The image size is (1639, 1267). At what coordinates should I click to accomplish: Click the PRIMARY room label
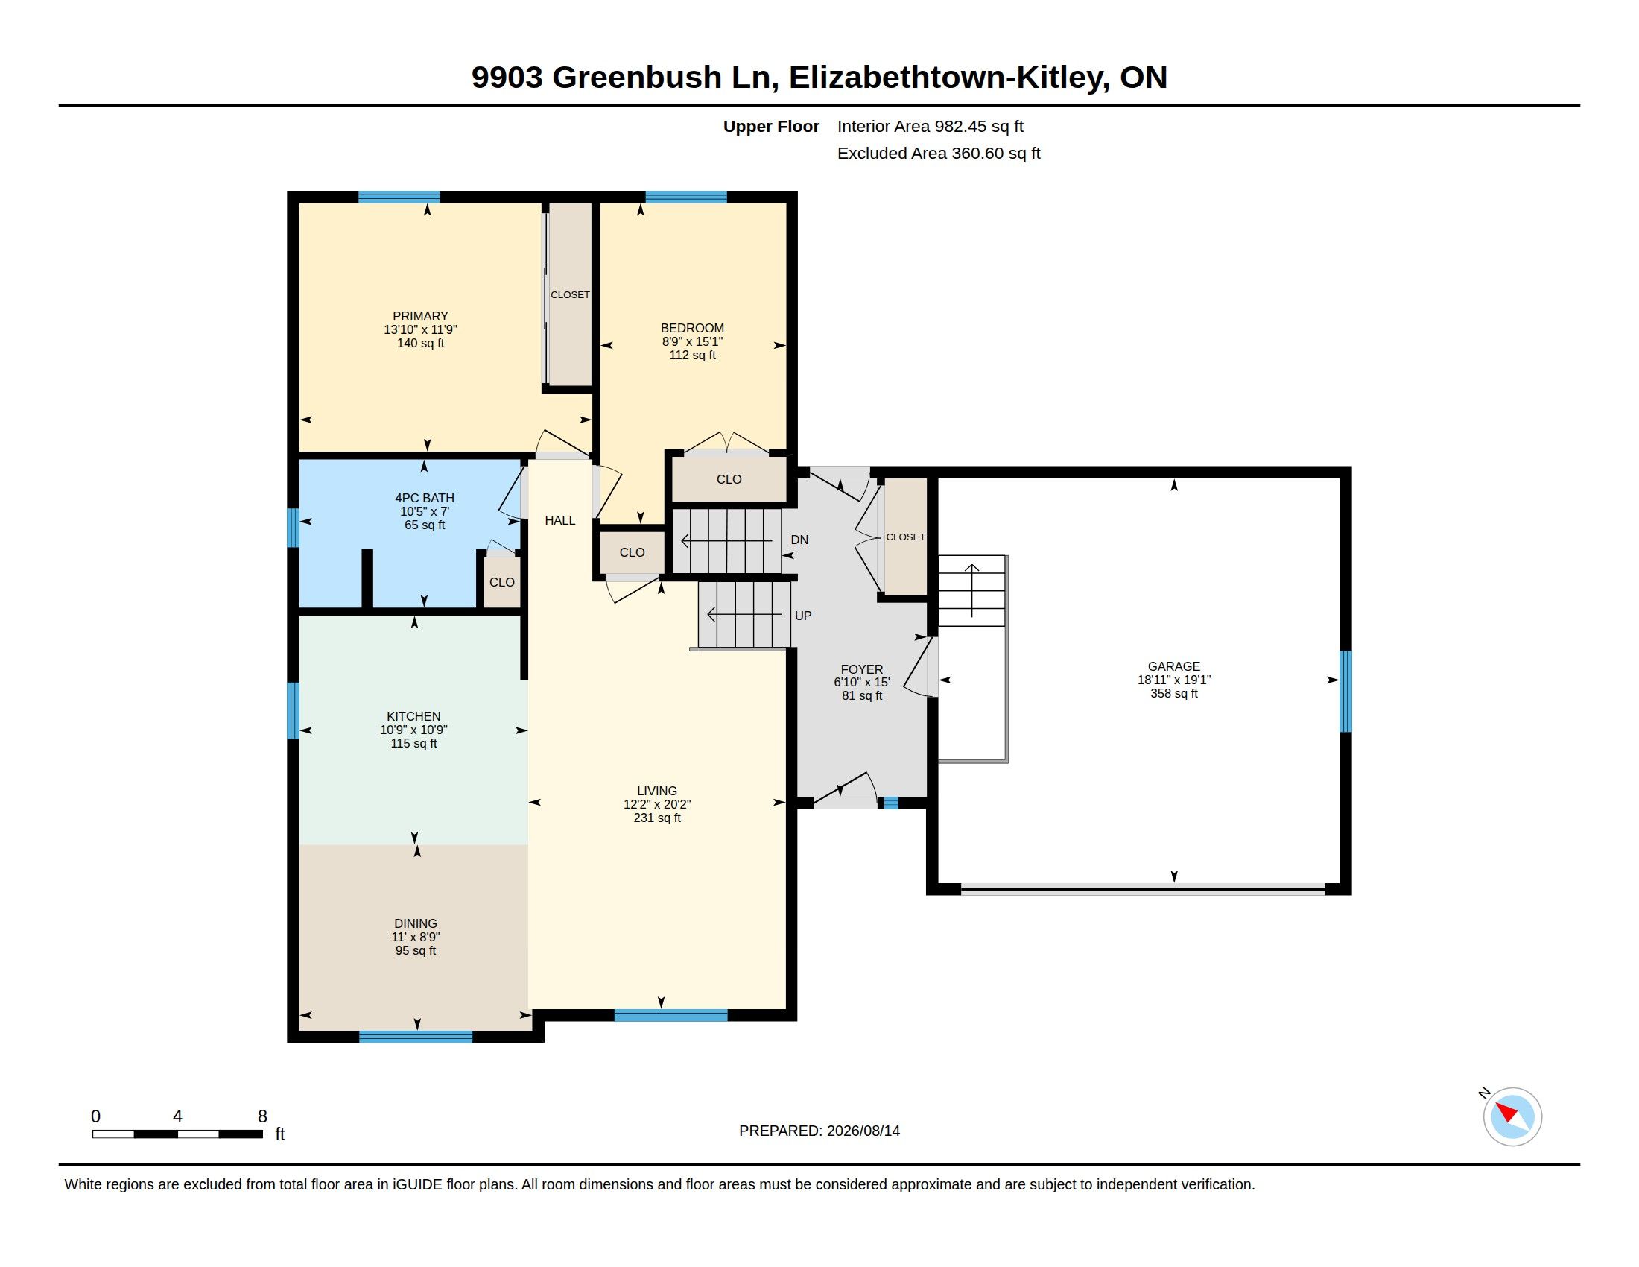pyautogui.click(x=420, y=316)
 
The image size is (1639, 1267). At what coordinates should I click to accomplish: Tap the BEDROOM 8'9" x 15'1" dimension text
pyautogui.click(x=692, y=341)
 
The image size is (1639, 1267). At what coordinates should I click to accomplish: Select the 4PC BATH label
pyautogui.click(x=425, y=498)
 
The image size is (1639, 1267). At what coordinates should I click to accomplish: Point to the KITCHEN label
pyautogui.click(x=413, y=716)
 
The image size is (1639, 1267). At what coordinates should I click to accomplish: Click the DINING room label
pyautogui.click(x=416, y=923)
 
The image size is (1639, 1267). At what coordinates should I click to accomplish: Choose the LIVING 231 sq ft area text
pyautogui.click(x=656, y=818)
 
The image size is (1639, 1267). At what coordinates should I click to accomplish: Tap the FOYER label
pyautogui.click(x=861, y=669)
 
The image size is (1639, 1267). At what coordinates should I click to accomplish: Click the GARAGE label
pyautogui.click(x=1173, y=666)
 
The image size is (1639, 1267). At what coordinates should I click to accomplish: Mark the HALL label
pyautogui.click(x=559, y=520)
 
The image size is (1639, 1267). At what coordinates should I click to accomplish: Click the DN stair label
pyautogui.click(x=799, y=540)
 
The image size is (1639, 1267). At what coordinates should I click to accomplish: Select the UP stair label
pyautogui.click(x=803, y=616)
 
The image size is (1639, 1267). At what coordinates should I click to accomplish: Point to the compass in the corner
pyautogui.click(x=1512, y=1116)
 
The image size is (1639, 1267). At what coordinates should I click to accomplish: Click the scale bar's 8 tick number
pyautogui.click(x=263, y=1116)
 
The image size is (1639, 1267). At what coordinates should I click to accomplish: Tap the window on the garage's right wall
pyautogui.click(x=1345, y=692)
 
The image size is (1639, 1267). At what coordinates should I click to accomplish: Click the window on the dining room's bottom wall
pyautogui.click(x=416, y=1037)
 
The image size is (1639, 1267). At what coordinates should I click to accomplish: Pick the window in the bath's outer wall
pyautogui.click(x=294, y=528)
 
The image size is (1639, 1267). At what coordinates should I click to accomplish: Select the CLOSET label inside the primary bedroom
pyautogui.click(x=571, y=295)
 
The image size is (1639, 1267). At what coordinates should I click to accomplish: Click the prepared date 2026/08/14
pyautogui.click(x=863, y=1131)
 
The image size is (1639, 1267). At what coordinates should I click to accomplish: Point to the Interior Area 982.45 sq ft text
pyautogui.click(x=930, y=126)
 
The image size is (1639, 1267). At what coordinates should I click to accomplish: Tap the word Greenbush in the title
pyautogui.click(x=637, y=77)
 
